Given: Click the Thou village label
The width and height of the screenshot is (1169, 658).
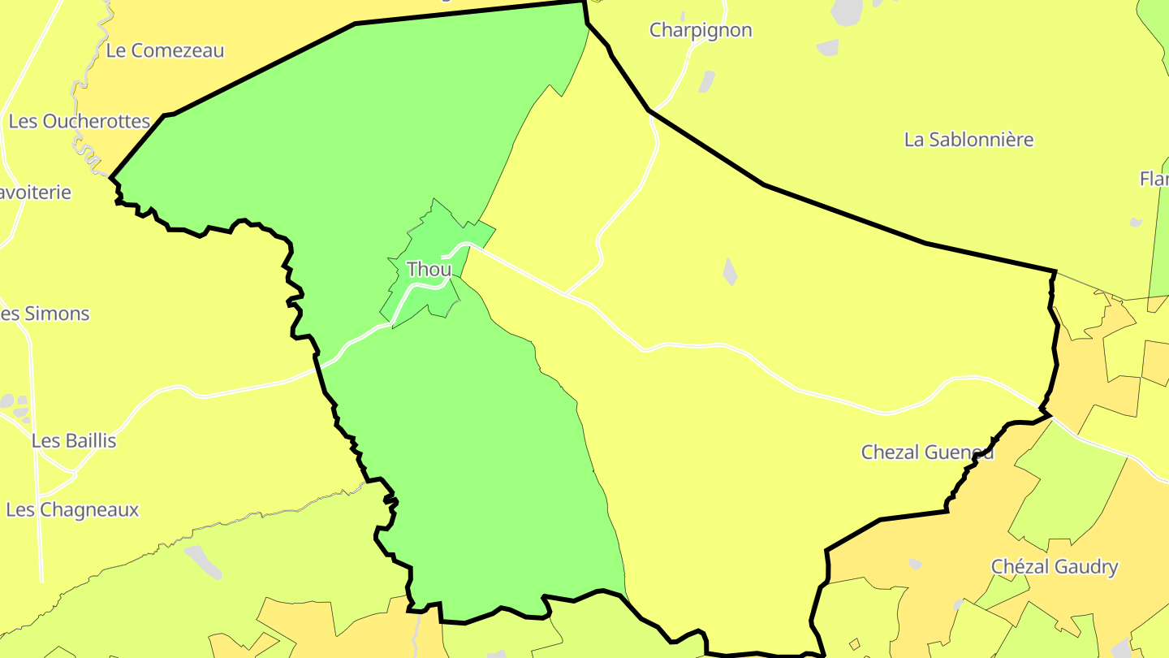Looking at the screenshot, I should click(429, 270).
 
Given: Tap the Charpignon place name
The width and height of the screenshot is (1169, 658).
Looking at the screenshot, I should click(701, 31).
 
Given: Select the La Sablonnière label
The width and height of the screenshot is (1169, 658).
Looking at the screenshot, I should click(968, 140).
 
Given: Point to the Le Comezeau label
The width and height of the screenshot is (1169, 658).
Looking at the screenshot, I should click(165, 50).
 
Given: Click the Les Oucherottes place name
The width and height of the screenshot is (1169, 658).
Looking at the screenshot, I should click(80, 122).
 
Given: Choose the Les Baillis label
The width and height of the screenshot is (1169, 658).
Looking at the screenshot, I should click(74, 441).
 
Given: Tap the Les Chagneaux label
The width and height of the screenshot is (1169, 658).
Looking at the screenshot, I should click(72, 510).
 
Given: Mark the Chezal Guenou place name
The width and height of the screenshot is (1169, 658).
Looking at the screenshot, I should click(927, 452).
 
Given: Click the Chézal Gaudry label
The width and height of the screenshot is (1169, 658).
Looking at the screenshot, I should click(1055, 567).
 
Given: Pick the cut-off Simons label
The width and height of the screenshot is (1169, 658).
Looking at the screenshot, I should click(45, 314).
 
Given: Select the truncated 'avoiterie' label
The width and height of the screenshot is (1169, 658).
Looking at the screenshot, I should click(36, 193).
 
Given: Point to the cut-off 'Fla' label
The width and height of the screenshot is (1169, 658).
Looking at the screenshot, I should click(1154, 179).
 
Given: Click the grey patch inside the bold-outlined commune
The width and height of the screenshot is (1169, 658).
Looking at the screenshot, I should click(730, 271).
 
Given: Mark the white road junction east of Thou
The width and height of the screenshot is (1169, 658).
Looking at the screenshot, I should click(566, 293).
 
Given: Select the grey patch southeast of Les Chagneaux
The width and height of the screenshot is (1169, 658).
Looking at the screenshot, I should click(203, 561).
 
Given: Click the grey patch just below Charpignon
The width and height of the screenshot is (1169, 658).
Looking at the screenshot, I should click(707, 81).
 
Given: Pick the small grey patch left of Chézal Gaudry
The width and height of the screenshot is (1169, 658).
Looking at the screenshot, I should click(915, 564).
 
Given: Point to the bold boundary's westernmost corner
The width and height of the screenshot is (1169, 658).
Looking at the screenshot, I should click(111, 176).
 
